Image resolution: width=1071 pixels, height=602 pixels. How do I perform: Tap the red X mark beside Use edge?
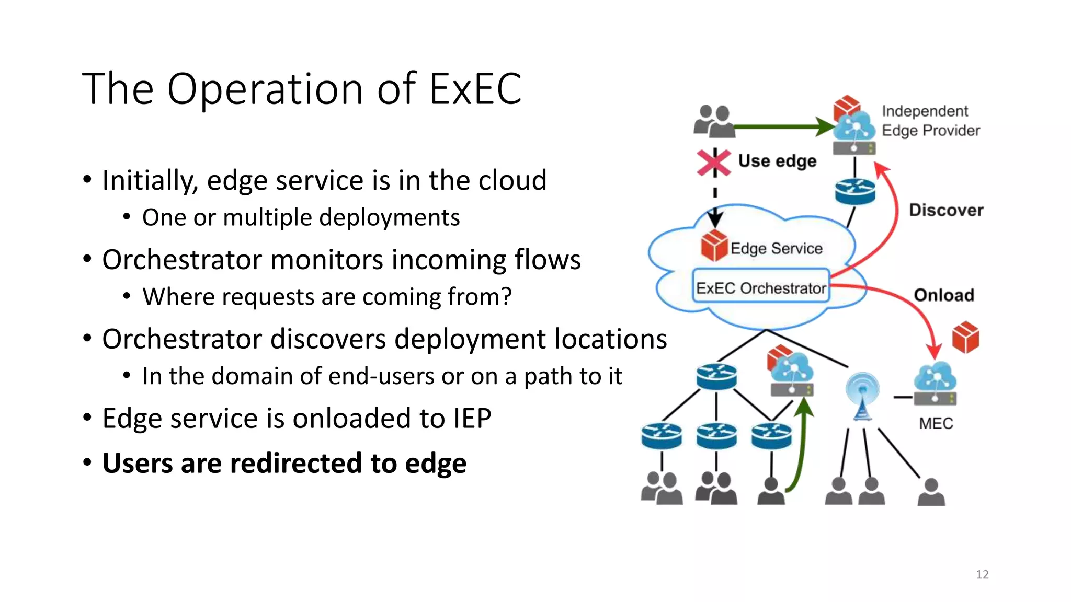pyautogui.click(x=714, y=163)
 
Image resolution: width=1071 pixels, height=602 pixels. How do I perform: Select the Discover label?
pyautogui.click(x=946, y=210)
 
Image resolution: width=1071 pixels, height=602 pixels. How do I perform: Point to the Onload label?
pyautogui.click(x=944, y=295)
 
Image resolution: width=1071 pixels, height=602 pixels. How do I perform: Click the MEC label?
pyautogui.click(x=936, y=423)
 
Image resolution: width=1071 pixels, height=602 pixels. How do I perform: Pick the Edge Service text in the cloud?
pyautogui.click(x=776, y=248)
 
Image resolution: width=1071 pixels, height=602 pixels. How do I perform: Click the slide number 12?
pyautogui.click(x=982, y=574)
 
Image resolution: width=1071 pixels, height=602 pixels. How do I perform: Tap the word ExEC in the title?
pyautogui.click(x=475, y=89)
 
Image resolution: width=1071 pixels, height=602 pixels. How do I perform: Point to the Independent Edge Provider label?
pyautogui.click(x=931, y=121)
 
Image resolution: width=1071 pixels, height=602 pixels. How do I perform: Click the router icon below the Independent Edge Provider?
pyautogui.click(x=854, y=192)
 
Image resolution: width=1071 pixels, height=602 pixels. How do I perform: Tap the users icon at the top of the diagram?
pyautogui.click(x=714, y=121)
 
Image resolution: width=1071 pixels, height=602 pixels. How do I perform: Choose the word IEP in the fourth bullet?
pyautogui.click(x=472, y=418)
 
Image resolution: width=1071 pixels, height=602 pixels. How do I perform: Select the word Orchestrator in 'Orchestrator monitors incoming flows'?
pyautogui.click(x=181, y=260)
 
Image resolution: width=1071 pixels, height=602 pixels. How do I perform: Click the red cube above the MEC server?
pyautogui.click(x=965, y=337)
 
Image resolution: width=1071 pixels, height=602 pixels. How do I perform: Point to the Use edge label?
pyautogui.click(x=777, y=161)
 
